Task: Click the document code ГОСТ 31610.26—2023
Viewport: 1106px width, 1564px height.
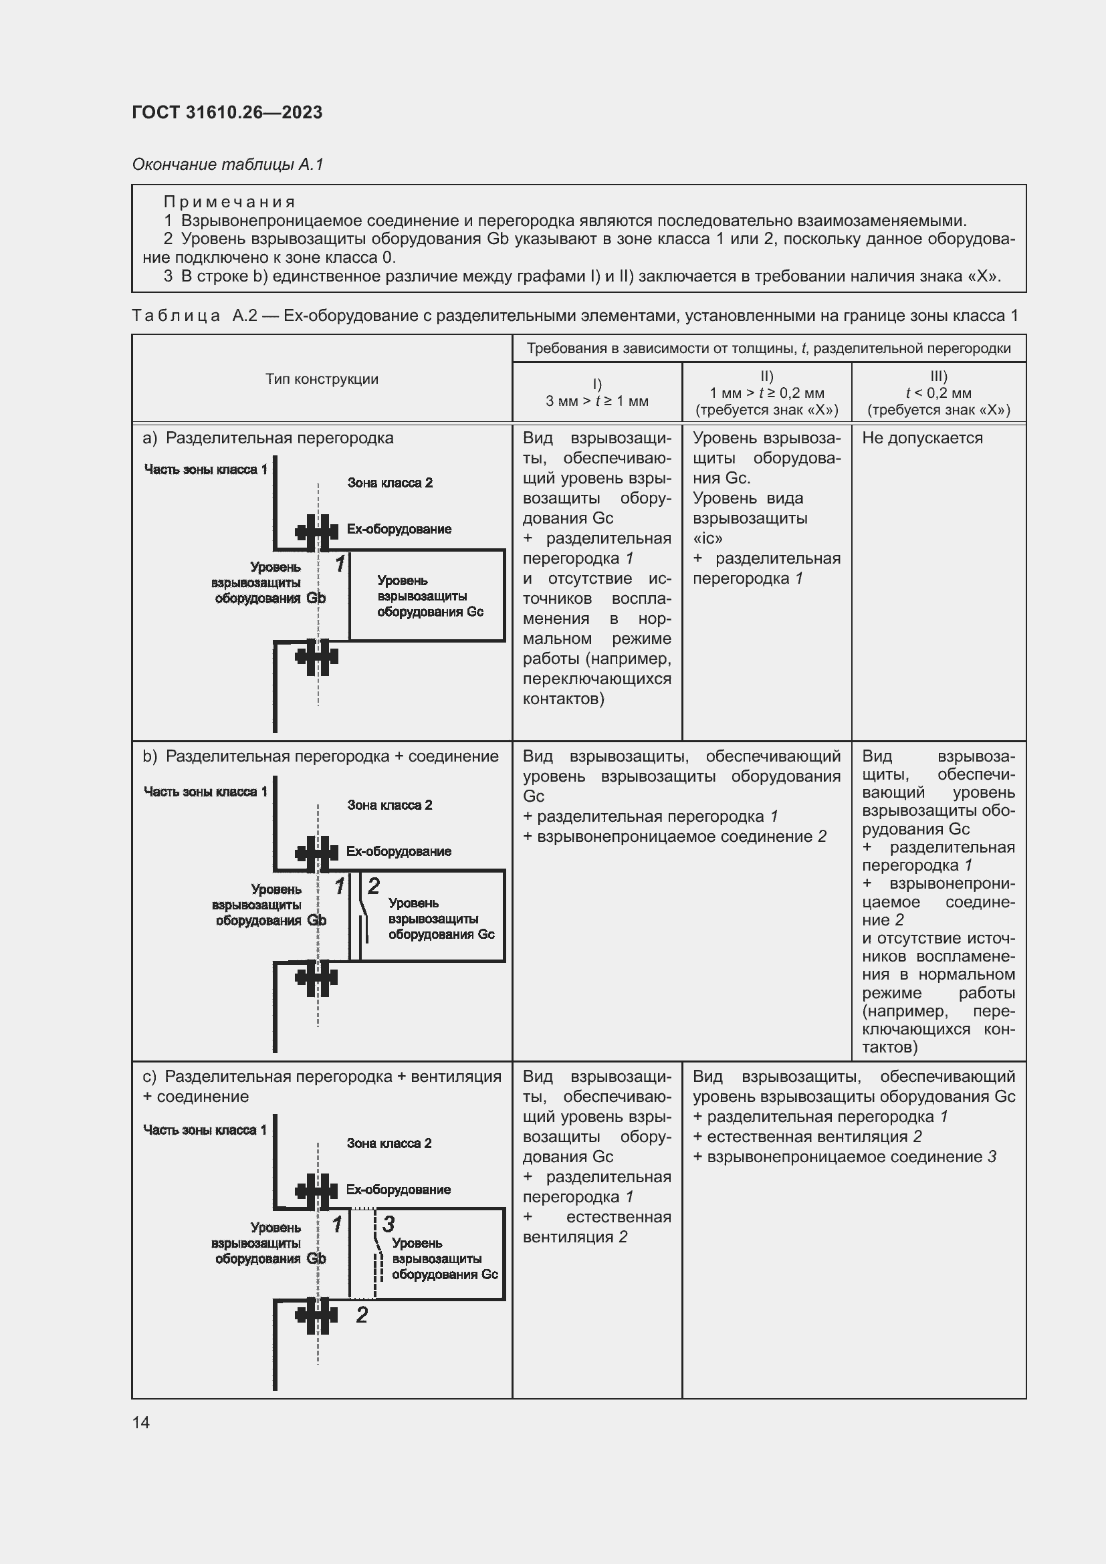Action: coord(227,112)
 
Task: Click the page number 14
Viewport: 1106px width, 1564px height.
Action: coord(141,1422)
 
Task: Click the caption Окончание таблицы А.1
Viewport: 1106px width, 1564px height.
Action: coord(227,164)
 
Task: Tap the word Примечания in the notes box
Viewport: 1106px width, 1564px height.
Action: coord(229,202)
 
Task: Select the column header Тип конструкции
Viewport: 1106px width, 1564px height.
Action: coord(322,378)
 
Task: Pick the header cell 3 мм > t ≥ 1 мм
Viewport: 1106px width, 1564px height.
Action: coord(596,401)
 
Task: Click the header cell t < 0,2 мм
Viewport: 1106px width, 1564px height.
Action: coord(937,393)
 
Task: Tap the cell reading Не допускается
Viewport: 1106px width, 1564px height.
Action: coord(922,438)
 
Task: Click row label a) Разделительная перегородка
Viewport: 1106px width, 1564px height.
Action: coord(268,438)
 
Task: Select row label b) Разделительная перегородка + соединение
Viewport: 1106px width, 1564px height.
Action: coord(320,756)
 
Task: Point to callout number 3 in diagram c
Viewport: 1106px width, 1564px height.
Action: coord(389,1224)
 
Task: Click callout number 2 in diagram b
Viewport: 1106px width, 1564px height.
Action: coord(373,885)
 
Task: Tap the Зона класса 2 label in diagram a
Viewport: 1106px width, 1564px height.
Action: coord(390,483)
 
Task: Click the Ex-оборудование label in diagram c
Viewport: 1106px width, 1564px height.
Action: coord(398,1190)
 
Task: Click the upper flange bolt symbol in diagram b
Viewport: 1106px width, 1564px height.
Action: coord(317,853)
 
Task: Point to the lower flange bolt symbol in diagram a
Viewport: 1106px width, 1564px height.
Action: coord(317,657)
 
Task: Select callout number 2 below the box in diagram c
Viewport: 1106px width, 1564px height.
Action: coord(362,1314)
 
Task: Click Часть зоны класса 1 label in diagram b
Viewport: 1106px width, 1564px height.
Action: coord(205,792)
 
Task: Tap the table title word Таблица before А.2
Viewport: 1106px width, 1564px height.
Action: coord(177,316)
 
